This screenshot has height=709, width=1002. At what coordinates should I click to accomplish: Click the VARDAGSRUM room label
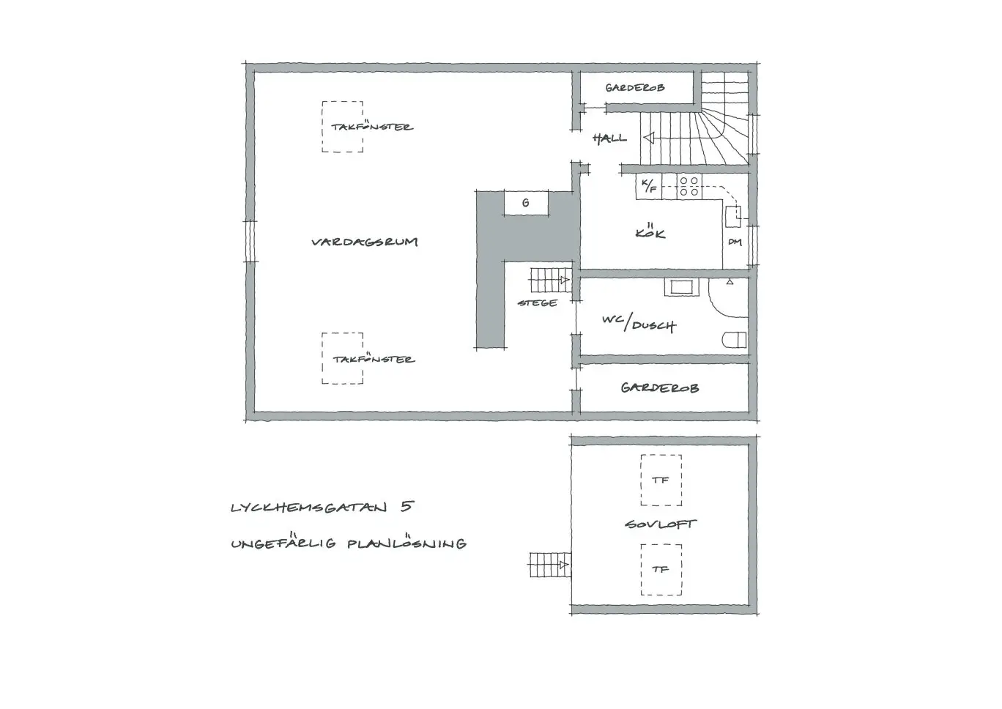364,242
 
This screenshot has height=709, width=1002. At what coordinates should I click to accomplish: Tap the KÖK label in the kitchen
650,233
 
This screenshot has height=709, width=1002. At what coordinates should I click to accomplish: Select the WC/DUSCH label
639,323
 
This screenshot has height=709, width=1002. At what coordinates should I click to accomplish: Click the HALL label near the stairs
609,138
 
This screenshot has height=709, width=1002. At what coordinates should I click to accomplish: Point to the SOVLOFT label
661,524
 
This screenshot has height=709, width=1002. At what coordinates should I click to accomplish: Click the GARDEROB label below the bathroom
659,388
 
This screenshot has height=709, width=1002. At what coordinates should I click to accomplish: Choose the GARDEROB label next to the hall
635,88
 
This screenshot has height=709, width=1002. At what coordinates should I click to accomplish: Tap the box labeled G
526,203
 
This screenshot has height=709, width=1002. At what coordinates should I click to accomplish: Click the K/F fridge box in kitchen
649,187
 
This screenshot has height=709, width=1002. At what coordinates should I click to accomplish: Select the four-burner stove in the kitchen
689,187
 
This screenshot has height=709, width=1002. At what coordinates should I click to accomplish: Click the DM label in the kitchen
735,242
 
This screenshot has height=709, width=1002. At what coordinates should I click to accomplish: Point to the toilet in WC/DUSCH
735,339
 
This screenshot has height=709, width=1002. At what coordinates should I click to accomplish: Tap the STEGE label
537,302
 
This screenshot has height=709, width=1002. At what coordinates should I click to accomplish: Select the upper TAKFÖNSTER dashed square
342,127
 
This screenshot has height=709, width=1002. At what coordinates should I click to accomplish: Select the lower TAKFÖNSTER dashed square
342,358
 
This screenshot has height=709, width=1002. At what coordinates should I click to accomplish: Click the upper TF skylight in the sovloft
661,480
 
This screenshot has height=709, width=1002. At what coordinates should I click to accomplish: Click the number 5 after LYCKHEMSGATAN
407,506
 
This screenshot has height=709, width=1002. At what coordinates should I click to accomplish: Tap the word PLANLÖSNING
407,543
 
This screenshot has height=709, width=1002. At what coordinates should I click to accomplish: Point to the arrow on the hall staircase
648,138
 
